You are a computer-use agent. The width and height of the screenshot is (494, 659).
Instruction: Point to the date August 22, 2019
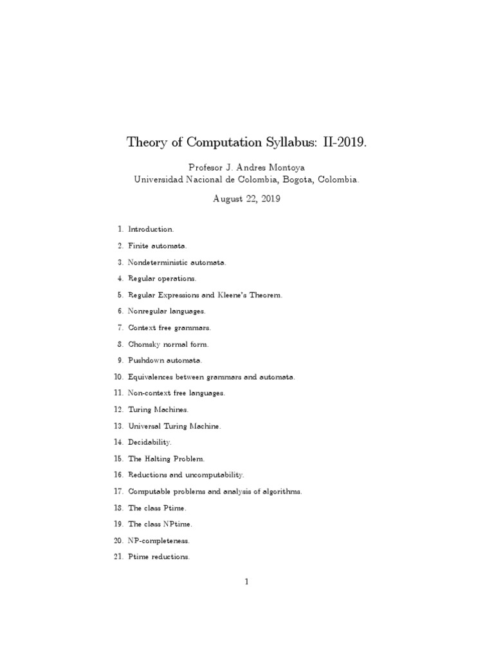coord(246,199)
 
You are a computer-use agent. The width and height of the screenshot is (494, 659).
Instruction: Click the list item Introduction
coord(151,229)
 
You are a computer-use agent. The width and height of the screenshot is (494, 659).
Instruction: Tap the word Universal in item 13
coord(145,426)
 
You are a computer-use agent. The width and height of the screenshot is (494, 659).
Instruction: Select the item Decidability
coord(150,443)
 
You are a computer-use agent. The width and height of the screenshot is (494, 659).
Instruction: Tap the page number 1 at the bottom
coord(246,582)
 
